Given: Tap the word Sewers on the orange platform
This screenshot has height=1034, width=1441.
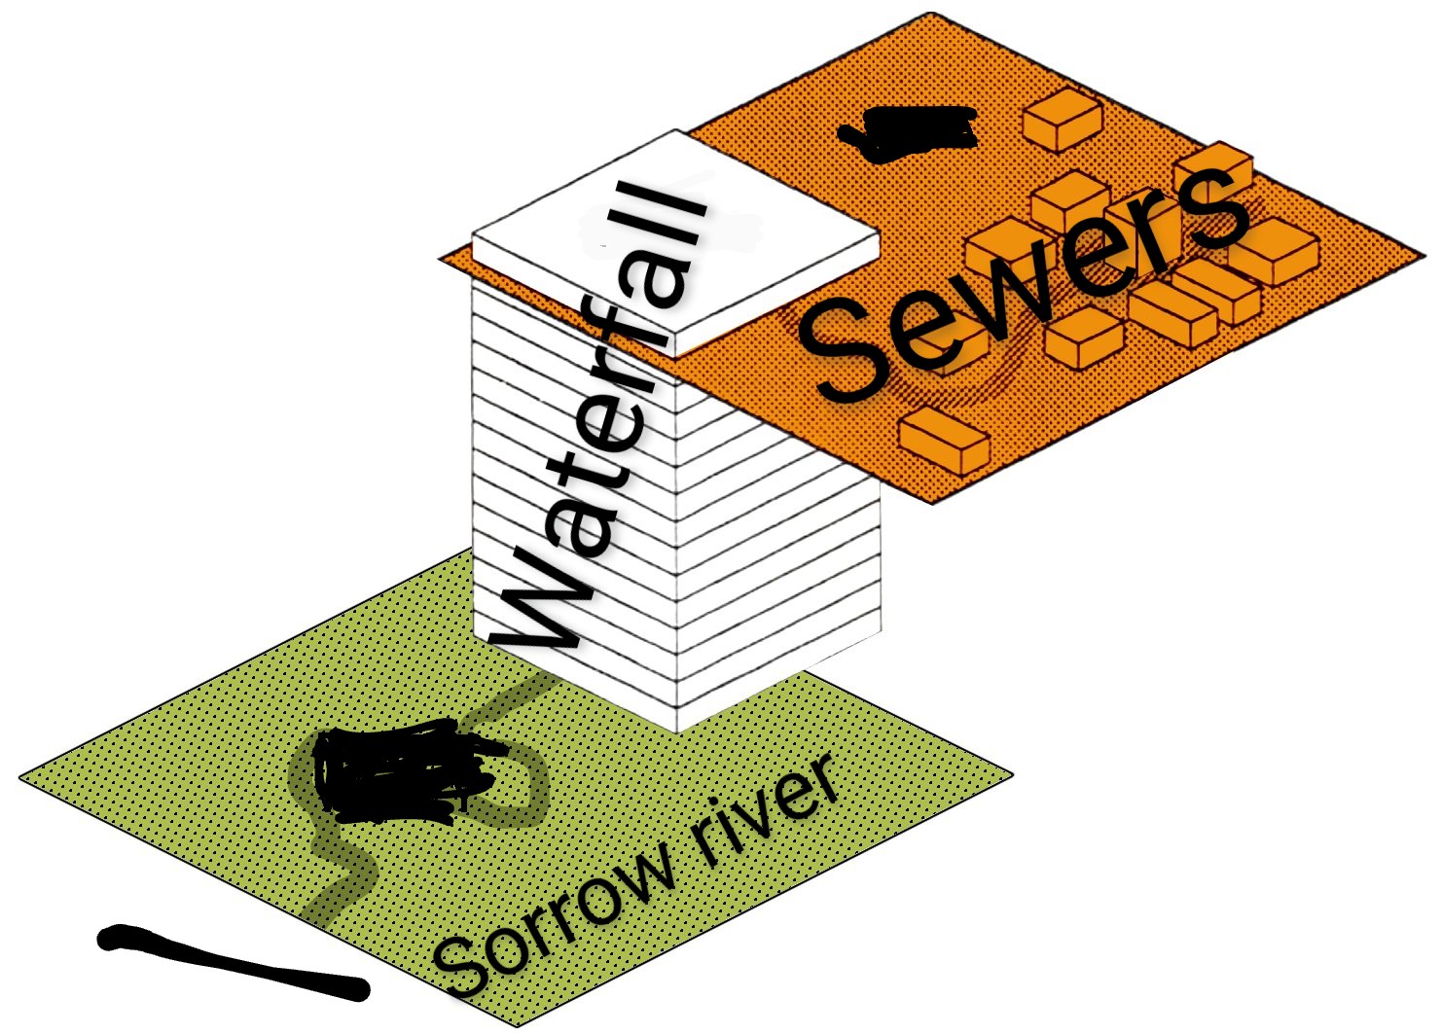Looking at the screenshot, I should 1022,282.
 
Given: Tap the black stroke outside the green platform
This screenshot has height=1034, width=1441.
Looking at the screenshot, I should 234,963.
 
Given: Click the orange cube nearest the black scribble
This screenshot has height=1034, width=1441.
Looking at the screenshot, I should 1063,119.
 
